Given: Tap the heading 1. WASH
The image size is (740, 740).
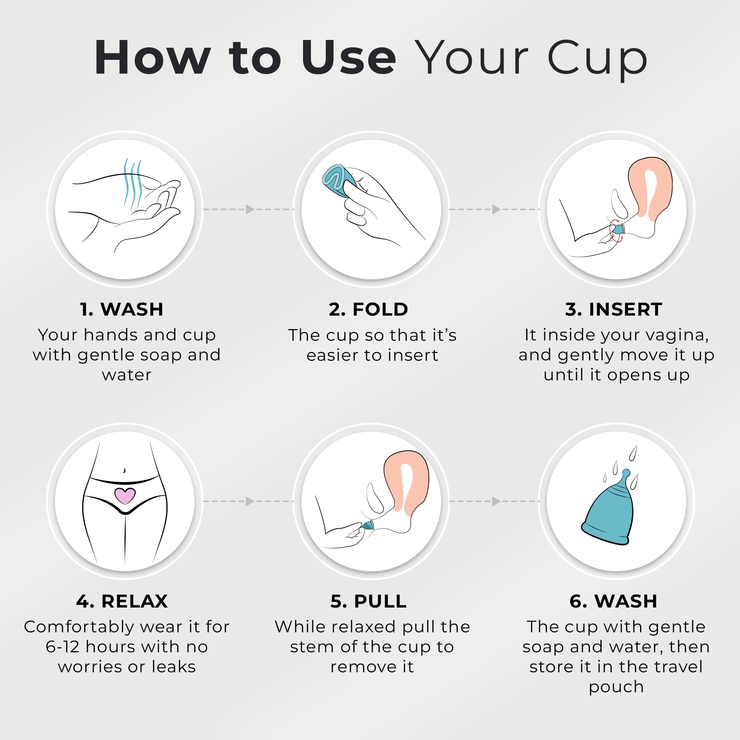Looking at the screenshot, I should click(122, 309).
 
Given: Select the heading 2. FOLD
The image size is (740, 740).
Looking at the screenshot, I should click(369, 309).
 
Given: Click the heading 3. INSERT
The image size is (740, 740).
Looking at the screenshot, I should click(613, 309).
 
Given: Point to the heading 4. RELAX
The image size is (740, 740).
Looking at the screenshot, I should click(122, 601).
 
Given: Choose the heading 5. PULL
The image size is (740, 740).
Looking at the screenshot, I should click(369, 601).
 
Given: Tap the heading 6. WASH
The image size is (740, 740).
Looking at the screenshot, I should click(613, 601).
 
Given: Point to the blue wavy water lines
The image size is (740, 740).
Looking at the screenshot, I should click(132, 184).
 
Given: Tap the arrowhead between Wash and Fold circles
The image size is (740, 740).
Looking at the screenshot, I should click(250, 209).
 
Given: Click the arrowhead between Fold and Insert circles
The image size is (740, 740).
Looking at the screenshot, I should click(496, 209).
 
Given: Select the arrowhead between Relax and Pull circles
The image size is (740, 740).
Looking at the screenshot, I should click(250, 501).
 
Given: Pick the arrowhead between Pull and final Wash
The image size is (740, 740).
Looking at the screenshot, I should click(496, 501).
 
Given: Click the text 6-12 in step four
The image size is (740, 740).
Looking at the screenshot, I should click(63, 647).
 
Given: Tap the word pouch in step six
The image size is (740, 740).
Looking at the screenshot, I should click(616, 687).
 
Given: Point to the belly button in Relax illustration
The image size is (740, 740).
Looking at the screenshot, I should click(124, 470).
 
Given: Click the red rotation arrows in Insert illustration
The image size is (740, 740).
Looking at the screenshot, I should click(614, 230).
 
